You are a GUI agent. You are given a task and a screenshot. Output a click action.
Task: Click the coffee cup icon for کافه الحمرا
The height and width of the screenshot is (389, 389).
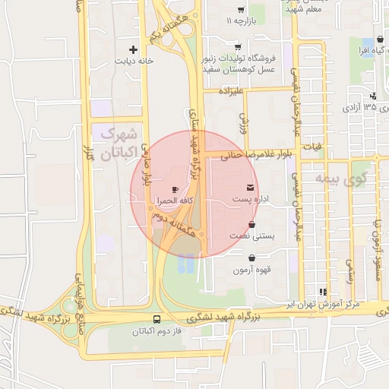click(176, 189)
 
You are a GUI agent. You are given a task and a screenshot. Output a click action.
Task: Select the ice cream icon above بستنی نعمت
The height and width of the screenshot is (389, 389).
click(252, 225)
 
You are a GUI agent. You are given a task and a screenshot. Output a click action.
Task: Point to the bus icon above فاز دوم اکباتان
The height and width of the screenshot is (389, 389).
click(157, 319)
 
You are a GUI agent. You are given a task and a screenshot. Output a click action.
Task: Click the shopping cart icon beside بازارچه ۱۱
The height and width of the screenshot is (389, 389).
click(241, 10)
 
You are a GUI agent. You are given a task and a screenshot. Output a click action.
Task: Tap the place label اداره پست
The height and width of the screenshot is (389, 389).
click(251, 199)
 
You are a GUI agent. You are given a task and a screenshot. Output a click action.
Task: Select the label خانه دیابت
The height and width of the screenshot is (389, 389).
click(134, 60)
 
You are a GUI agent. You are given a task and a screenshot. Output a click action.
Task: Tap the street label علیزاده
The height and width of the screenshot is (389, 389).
click(230, 91)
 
